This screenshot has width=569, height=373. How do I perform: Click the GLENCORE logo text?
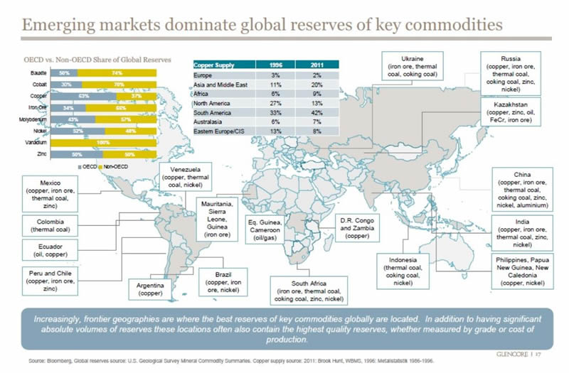(517, 353)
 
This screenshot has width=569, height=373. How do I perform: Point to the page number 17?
(548, 353)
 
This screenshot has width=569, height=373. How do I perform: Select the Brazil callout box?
(223, 283)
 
